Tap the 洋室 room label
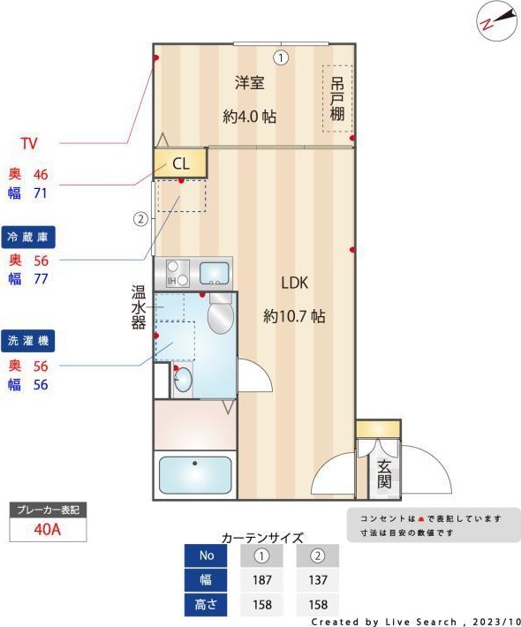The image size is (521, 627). click(250, 83)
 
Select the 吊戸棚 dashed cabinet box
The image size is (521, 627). click(337, 99)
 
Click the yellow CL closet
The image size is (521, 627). click(180, 163)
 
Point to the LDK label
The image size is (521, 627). click(294, 283)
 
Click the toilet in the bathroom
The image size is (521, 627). click(220, 313)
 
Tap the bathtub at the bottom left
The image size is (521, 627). click(195, 475)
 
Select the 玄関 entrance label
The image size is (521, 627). click(384, 474)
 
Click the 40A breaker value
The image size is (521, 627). click(48, 530)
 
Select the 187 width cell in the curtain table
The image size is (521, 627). click(261, 580)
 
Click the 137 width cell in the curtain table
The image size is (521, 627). click(318, 580)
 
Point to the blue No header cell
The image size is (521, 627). click(207, 555)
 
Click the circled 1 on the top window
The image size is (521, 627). click(280, 58)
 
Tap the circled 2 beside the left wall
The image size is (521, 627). click(140, 219)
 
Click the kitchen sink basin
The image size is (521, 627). click(214, 272)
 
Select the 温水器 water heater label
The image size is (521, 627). click(139, 306)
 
